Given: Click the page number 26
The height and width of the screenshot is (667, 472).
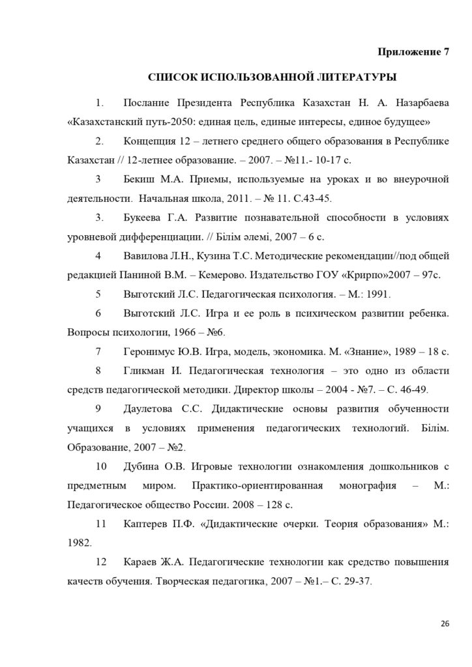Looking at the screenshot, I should (x=445, y=623).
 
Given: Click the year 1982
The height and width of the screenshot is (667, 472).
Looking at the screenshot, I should (x=80, y=542).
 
